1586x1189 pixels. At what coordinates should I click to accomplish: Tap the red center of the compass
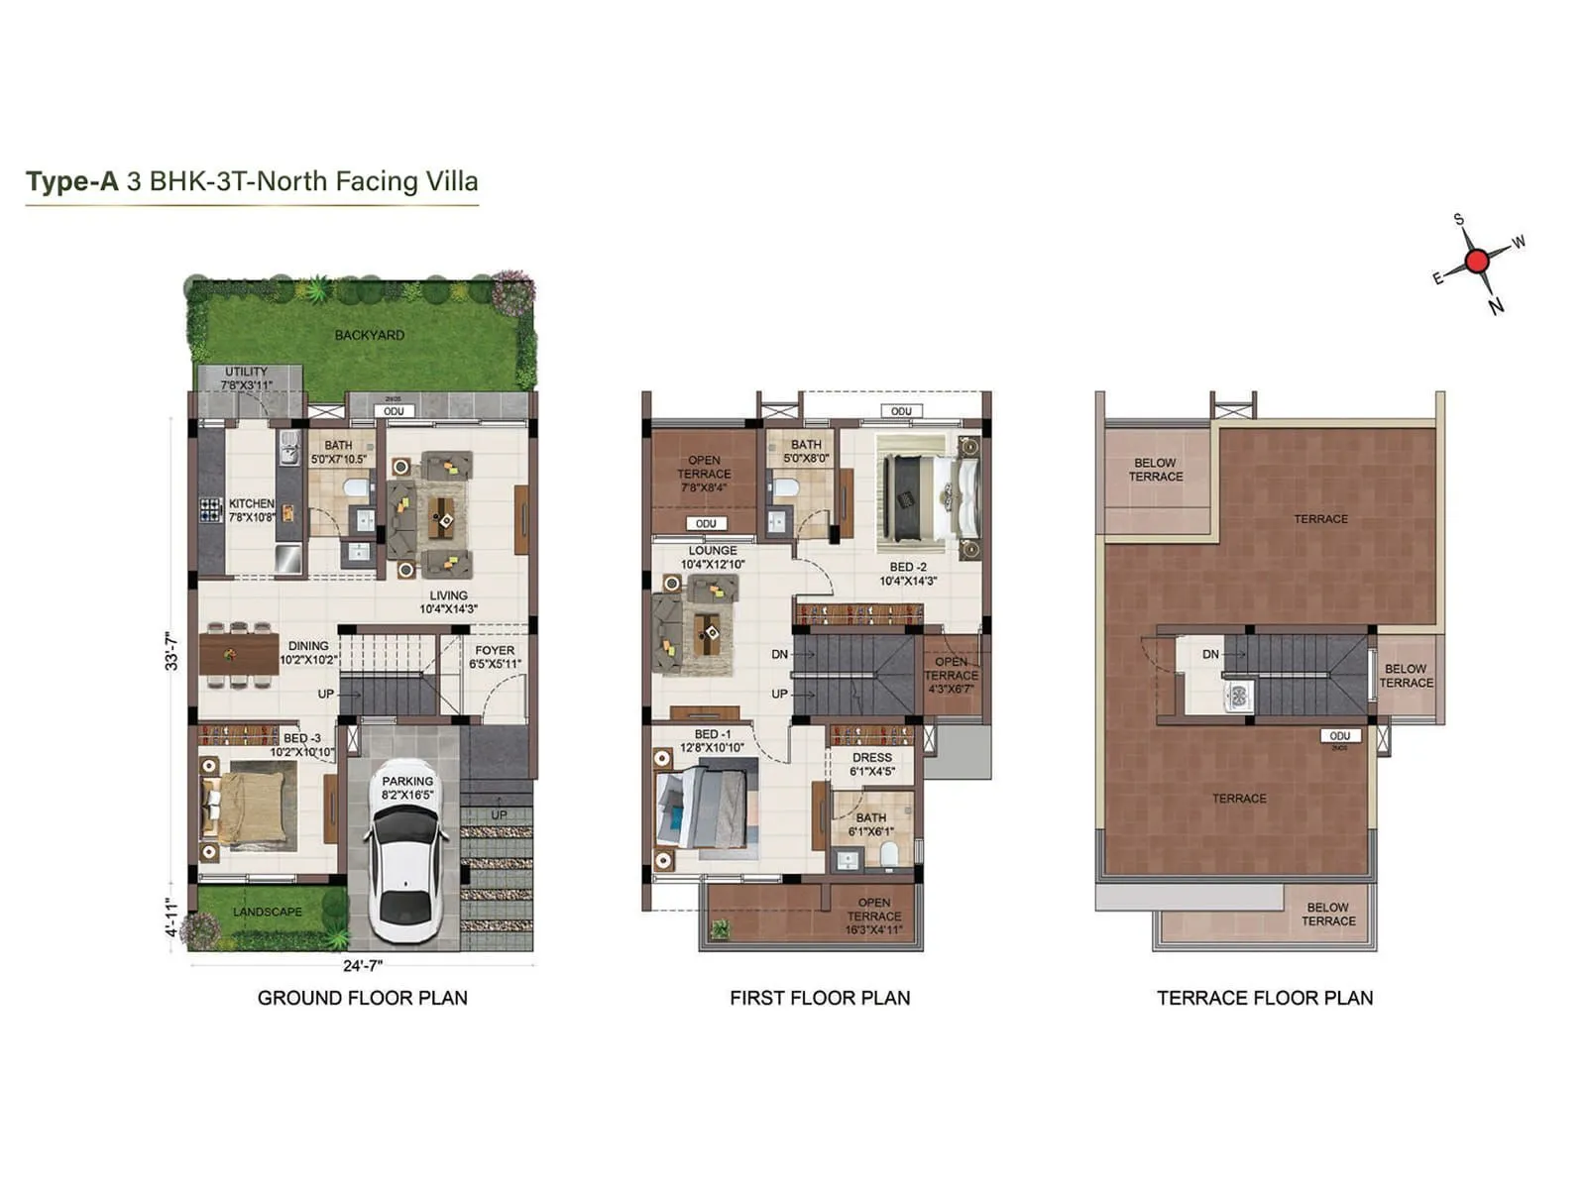pos(1476,262)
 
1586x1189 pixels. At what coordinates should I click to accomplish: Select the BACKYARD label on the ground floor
pos(369,335)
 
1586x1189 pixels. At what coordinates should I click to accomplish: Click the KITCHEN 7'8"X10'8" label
pos(251,510)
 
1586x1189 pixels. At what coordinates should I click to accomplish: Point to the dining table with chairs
pos(238,654)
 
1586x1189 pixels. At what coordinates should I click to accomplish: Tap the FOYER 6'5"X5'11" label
pos(495,657)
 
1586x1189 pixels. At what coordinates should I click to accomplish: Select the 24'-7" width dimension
pos(363,965)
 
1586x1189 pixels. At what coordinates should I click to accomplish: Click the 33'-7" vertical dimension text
pos(171,651)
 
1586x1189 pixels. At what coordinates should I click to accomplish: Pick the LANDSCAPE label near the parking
pos(267,912)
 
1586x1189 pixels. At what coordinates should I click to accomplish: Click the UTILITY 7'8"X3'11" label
pos(246,378)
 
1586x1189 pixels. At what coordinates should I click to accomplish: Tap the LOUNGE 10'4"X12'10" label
pos(713,557)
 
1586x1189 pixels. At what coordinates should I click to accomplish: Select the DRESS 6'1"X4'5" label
pos(871,764)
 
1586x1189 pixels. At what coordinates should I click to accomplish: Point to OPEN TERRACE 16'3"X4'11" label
pos(873,916)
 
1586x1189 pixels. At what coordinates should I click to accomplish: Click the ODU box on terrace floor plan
pos(1339,736)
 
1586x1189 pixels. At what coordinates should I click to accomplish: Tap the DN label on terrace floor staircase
pos(1210,654)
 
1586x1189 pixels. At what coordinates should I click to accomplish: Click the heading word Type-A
pos(71,181)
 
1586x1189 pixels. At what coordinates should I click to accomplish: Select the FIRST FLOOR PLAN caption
pos(820,998)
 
